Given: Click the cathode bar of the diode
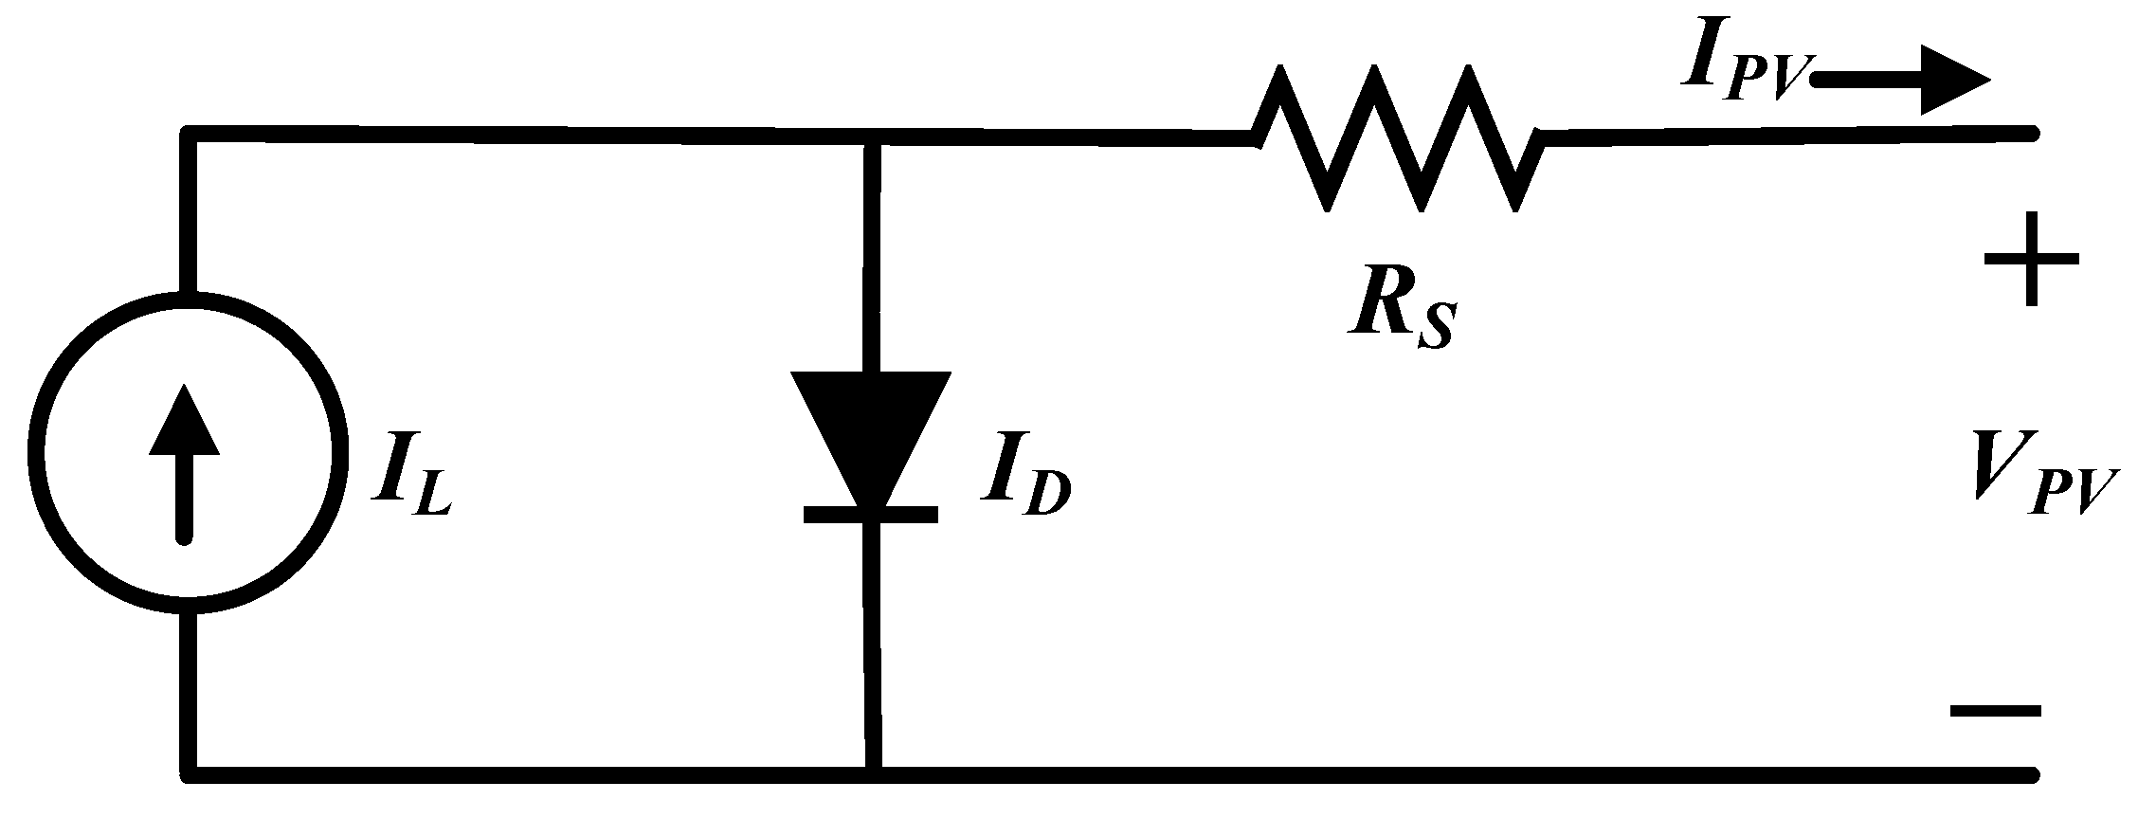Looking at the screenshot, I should click(871, 515).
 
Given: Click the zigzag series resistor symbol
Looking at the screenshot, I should click(1399, 138).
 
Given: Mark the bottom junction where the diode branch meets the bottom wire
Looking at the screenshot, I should click(873, 774).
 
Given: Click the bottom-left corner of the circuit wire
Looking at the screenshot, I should click(190, 774).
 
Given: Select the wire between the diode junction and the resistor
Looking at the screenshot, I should click(1061, 140).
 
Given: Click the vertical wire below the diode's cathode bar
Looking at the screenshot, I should click(873, 645).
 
